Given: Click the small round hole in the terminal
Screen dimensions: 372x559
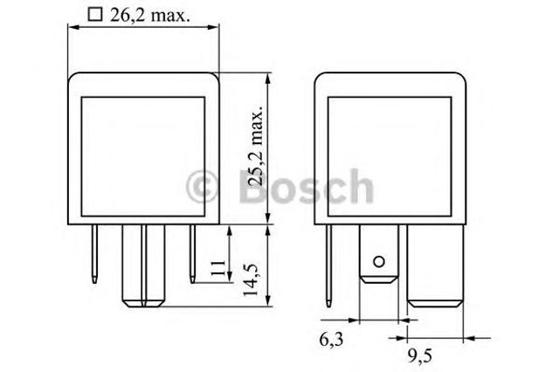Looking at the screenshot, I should click(378, 261).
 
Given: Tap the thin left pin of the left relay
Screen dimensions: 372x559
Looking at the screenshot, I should click(93, 253).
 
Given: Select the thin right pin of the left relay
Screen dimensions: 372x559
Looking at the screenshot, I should click(190, 253).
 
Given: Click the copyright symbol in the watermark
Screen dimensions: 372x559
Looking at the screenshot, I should click(203, 186).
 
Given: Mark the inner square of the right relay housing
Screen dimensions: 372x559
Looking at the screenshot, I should click(388, 150).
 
